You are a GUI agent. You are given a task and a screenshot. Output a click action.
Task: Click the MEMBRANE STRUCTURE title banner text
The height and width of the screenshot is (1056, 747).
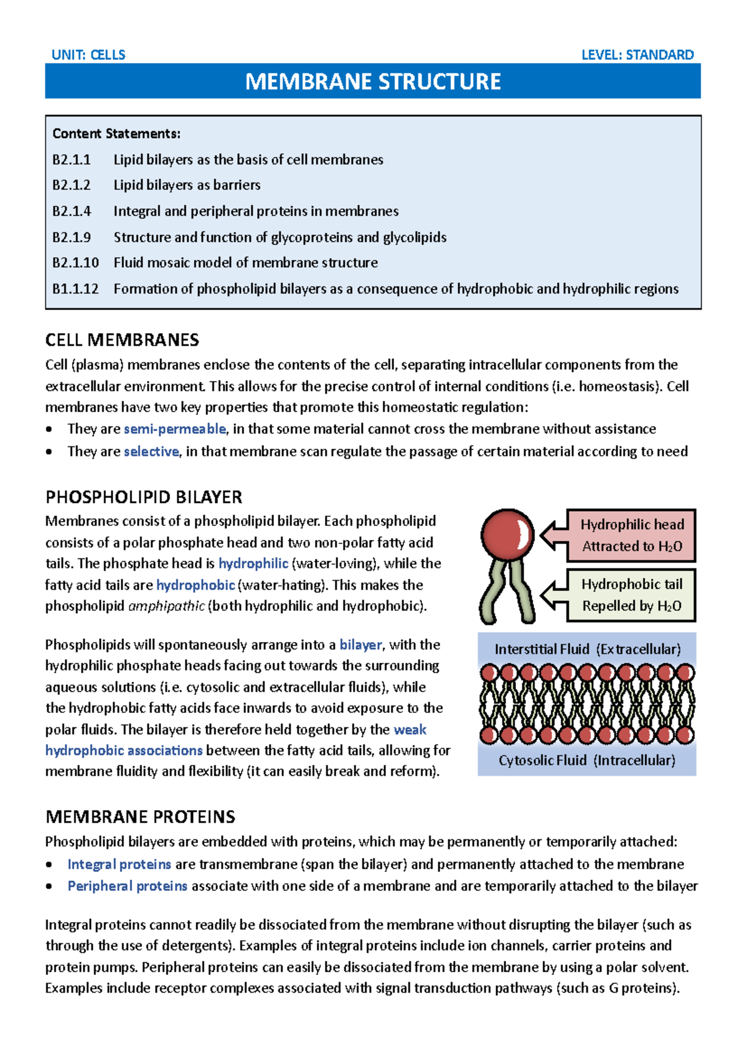point(373,82)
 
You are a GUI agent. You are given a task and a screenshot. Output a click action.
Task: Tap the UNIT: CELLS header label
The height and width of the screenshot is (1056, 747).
point(88,55)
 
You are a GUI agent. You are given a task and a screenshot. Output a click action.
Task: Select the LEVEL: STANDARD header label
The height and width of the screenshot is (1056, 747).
point(637,55)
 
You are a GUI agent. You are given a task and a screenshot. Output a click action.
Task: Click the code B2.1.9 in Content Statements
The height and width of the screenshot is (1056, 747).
point(72,237)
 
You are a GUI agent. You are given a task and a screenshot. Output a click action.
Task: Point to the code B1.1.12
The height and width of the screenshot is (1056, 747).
point(75,289)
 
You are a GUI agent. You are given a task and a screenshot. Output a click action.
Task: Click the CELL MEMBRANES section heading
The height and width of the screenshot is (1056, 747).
point(122,340)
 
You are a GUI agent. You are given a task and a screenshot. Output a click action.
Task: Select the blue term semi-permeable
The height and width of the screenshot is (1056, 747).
point(175,429)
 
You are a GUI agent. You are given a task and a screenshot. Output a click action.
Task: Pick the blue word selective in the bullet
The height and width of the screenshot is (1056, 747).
point(151,451)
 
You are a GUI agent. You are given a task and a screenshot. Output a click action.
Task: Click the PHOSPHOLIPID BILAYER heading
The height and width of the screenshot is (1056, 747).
point(144,497)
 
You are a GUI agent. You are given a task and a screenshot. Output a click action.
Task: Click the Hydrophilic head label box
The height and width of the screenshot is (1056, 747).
point(631,535)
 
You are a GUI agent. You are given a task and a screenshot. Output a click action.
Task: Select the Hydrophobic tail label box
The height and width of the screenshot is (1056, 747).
point(631,595)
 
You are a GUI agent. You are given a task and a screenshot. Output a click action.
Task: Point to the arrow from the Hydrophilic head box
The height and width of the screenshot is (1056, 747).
point(552,535)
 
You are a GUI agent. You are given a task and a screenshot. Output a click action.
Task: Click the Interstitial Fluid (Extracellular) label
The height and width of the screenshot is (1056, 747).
point(587,649)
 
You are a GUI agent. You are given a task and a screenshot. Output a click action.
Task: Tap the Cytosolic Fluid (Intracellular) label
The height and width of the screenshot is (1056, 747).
point(587,760)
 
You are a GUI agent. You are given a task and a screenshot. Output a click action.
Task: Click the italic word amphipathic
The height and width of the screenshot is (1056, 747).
point(166,606)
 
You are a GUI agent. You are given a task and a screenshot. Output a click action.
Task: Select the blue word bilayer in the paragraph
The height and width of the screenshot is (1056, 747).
point(360,645)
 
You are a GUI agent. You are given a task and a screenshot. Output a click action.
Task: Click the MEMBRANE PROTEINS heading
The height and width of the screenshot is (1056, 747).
point(140,817)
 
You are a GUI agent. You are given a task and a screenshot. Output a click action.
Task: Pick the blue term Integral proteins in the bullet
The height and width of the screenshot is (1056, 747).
point(119,864)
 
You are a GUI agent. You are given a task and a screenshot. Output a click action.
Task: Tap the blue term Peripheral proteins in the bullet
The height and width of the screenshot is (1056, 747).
point(127,886)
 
